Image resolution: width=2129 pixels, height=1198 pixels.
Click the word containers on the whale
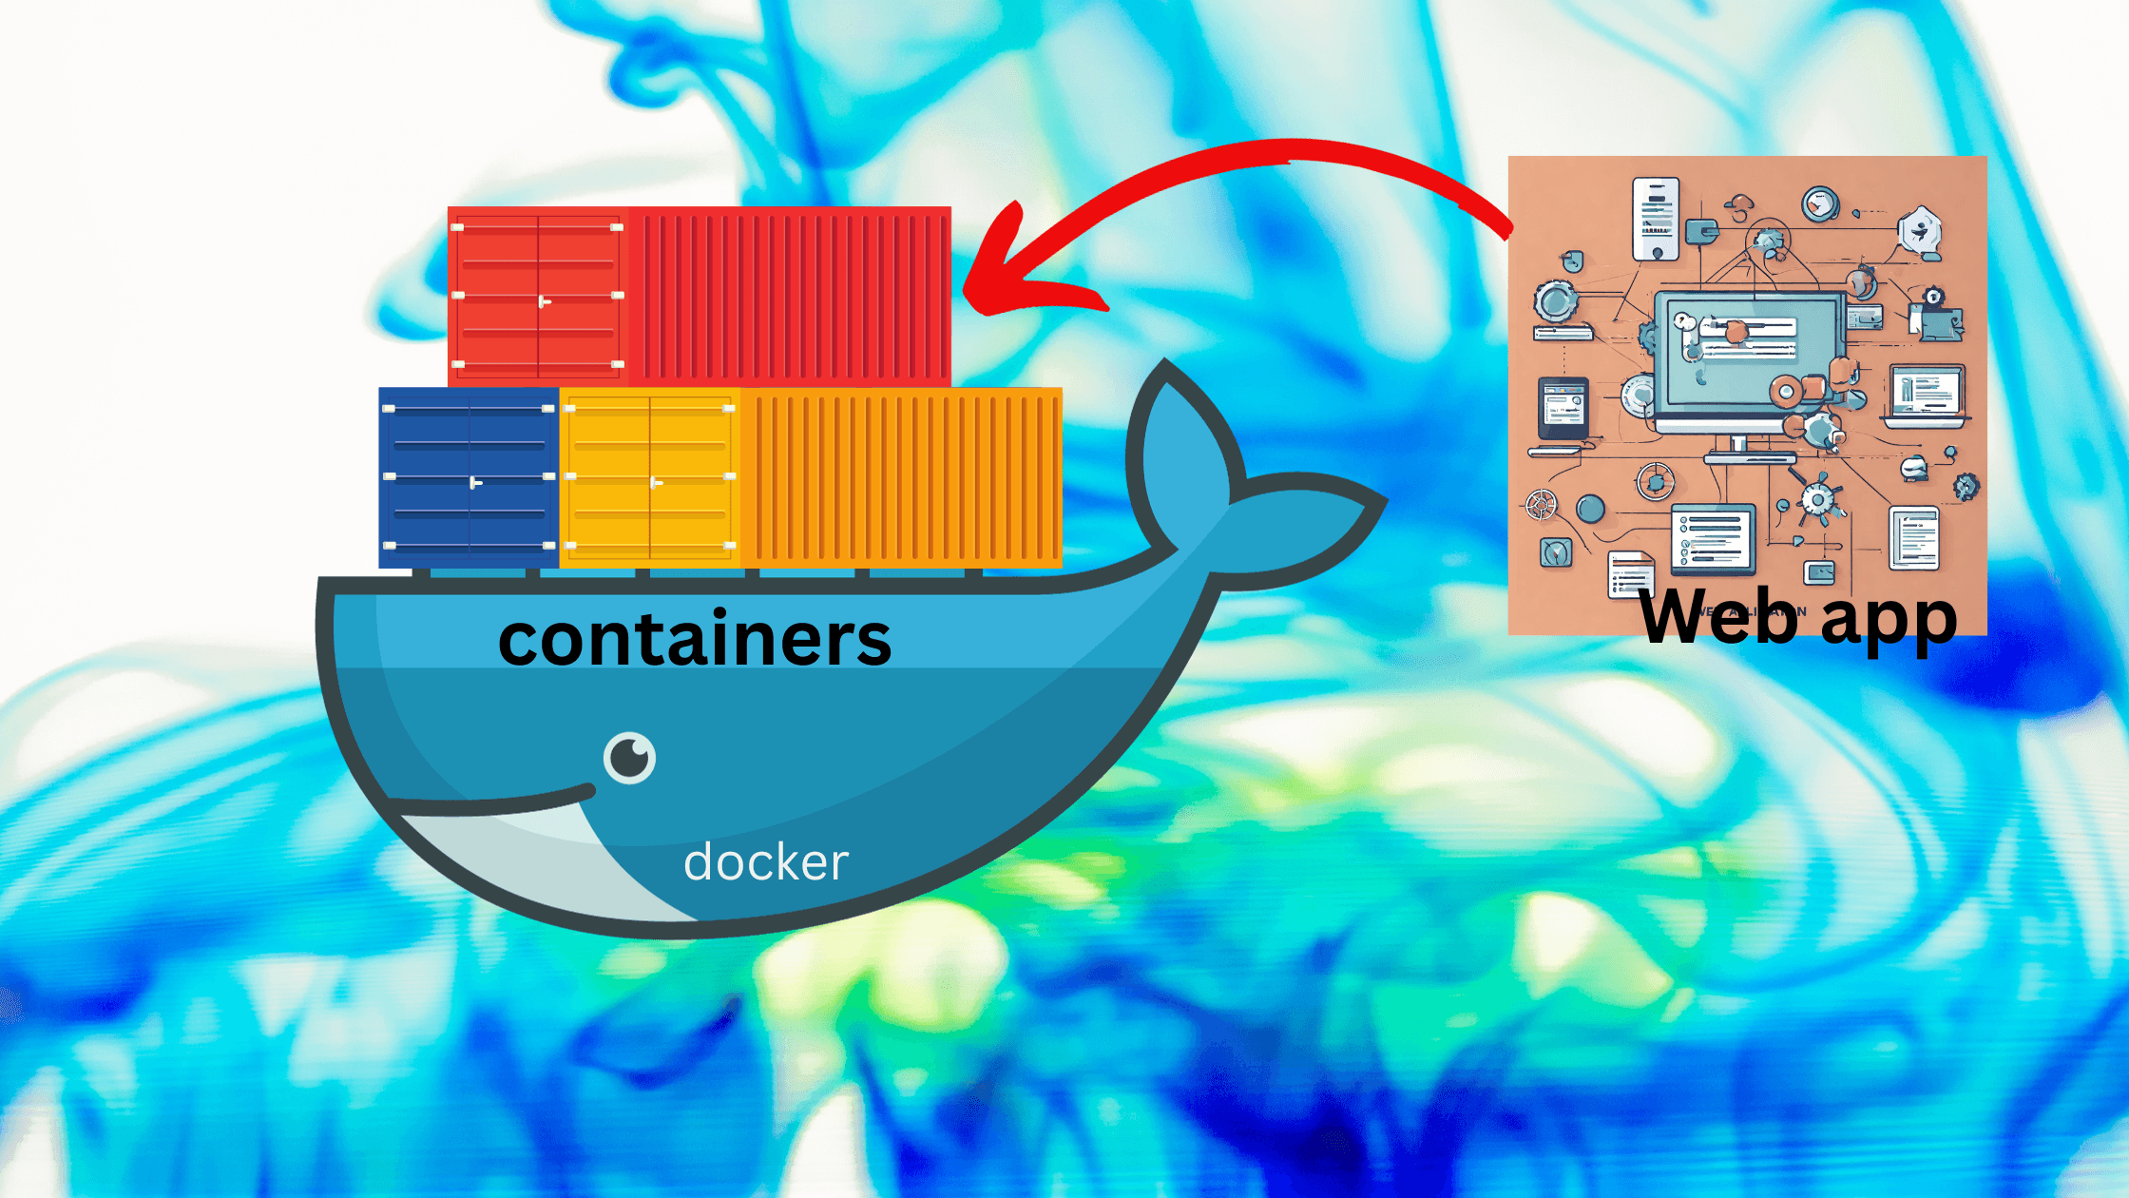[694, 639]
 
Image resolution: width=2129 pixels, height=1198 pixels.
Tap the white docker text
[765, 862]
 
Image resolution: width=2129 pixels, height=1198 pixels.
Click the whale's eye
[629, 758]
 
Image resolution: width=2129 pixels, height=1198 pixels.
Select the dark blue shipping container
[469, 477]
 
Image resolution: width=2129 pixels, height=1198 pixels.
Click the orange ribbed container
[901, 477]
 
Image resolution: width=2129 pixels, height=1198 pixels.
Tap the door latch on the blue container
[475, 483]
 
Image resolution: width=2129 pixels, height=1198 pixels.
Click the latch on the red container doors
[544, 302]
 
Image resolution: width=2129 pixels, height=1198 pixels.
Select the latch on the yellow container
[656, 483]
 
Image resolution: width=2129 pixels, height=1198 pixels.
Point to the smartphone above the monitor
[1656, 219]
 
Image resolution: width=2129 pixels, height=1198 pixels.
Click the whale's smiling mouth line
[494, 803]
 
